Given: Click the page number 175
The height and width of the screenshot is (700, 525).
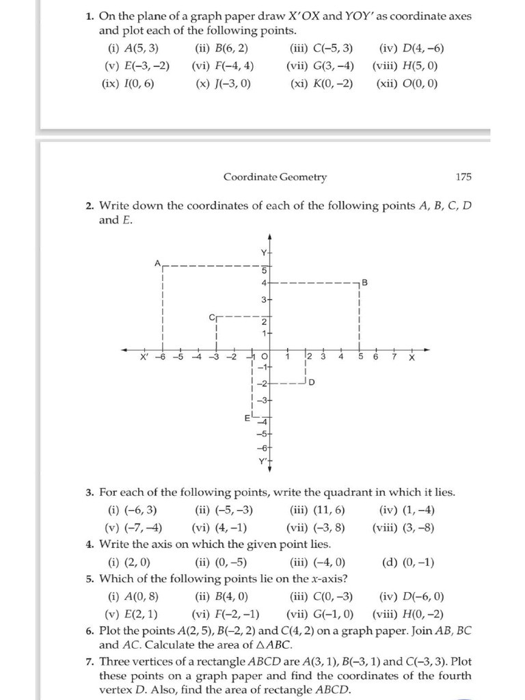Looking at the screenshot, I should pyautogui.click(x=463, y=177).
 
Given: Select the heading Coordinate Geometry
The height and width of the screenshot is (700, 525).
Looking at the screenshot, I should pyautogui.click(x=275, y=177).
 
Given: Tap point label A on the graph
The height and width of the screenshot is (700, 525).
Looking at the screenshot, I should pyautogui.click(x=157, y=262).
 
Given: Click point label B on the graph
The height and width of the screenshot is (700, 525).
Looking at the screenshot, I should pyautogui.click(x=365, y=282).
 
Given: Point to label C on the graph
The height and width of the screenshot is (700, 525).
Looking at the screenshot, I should pyautogui.click(x=211, y=317).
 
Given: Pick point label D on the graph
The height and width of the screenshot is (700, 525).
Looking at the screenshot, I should pyautogui.click(x=312, y=382).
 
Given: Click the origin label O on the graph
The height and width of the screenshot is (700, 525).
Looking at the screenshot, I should pyautogui.click(x=265, y=357).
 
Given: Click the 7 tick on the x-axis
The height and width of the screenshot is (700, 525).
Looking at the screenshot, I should pyautogui.click(x=394, y=357).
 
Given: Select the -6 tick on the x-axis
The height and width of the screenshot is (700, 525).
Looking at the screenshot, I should pyautogui.click(x=161, y=357).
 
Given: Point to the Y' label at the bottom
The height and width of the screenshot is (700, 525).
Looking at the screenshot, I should pyautogui.click(x=262, y=461).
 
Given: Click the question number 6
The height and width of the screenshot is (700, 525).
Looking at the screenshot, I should pyautogui.click(x=90, y=630).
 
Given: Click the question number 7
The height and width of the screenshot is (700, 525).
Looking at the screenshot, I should pyautogui.click(x=90, y=661).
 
